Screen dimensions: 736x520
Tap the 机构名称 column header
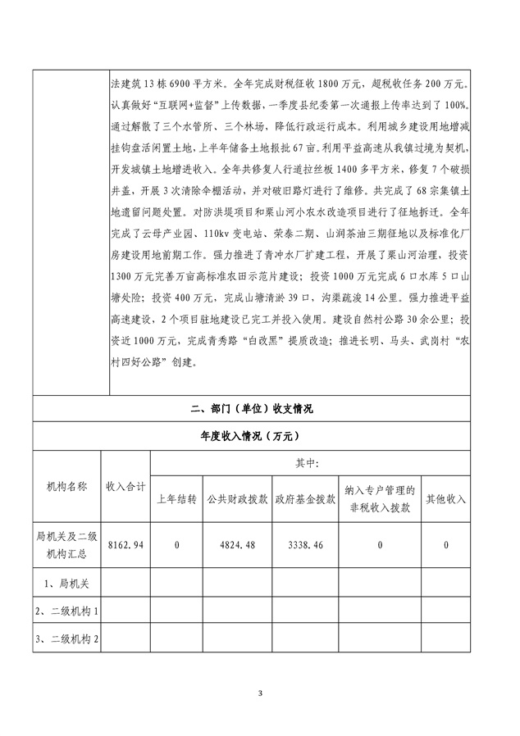click(66, 486)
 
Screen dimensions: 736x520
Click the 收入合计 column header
click(125, 486)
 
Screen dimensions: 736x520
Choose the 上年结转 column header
click(176, 498)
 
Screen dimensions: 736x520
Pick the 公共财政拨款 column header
click(239, 498)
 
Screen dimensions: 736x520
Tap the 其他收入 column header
click(445, 498)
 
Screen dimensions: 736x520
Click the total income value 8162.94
click(125, 544)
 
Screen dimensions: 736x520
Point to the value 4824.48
click(239, 544)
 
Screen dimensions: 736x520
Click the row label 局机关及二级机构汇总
click(66, 545)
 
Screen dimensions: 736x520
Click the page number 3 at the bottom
click(260, 695)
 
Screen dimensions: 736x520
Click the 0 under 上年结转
click(176, 544)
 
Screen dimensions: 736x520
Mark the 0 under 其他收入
click(445, 544)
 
